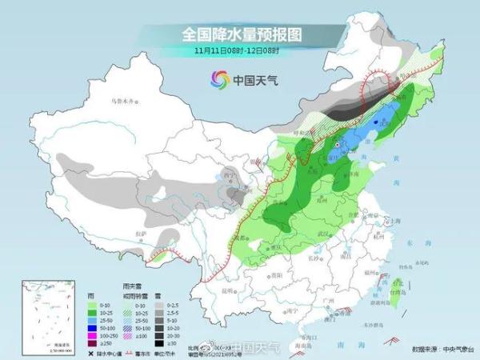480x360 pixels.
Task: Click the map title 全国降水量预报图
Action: pyautogui.click(x=240, y=34)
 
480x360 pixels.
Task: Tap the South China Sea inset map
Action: pyautogui.click(x=49, y=313)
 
